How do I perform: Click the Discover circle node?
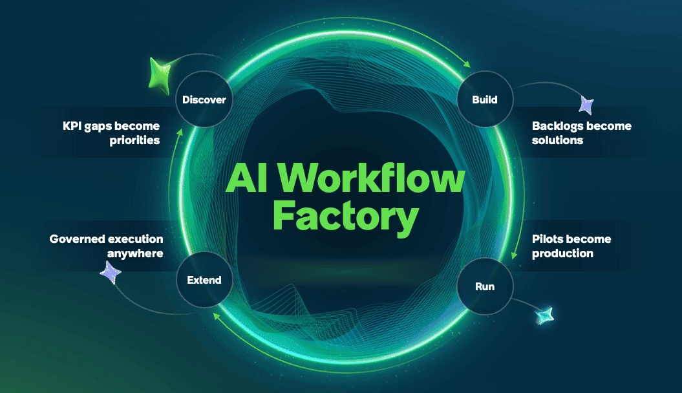(x=204, y=99)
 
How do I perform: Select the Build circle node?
(x=485, y=99)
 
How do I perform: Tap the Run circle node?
(x=485, y=286)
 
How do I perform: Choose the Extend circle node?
(x=204, y=279)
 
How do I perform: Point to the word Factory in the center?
(x=346, y=217)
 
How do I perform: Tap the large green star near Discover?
(x=160, y=76)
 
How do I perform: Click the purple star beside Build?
(x=587, y=105)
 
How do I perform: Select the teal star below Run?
(x=544, y=315)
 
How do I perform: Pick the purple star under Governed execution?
(x=111, y=273)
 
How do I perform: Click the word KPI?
(x=72, y=126)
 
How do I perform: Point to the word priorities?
(x=134, y=140)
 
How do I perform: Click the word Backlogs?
(x=558, y=126)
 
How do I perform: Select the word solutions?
(x=558, y=140)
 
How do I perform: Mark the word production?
(x=562, y=253)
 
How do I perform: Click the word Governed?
(x=76, y=239)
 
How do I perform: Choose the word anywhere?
(x=135, y=253)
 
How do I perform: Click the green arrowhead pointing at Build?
(x=467, y=64)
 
